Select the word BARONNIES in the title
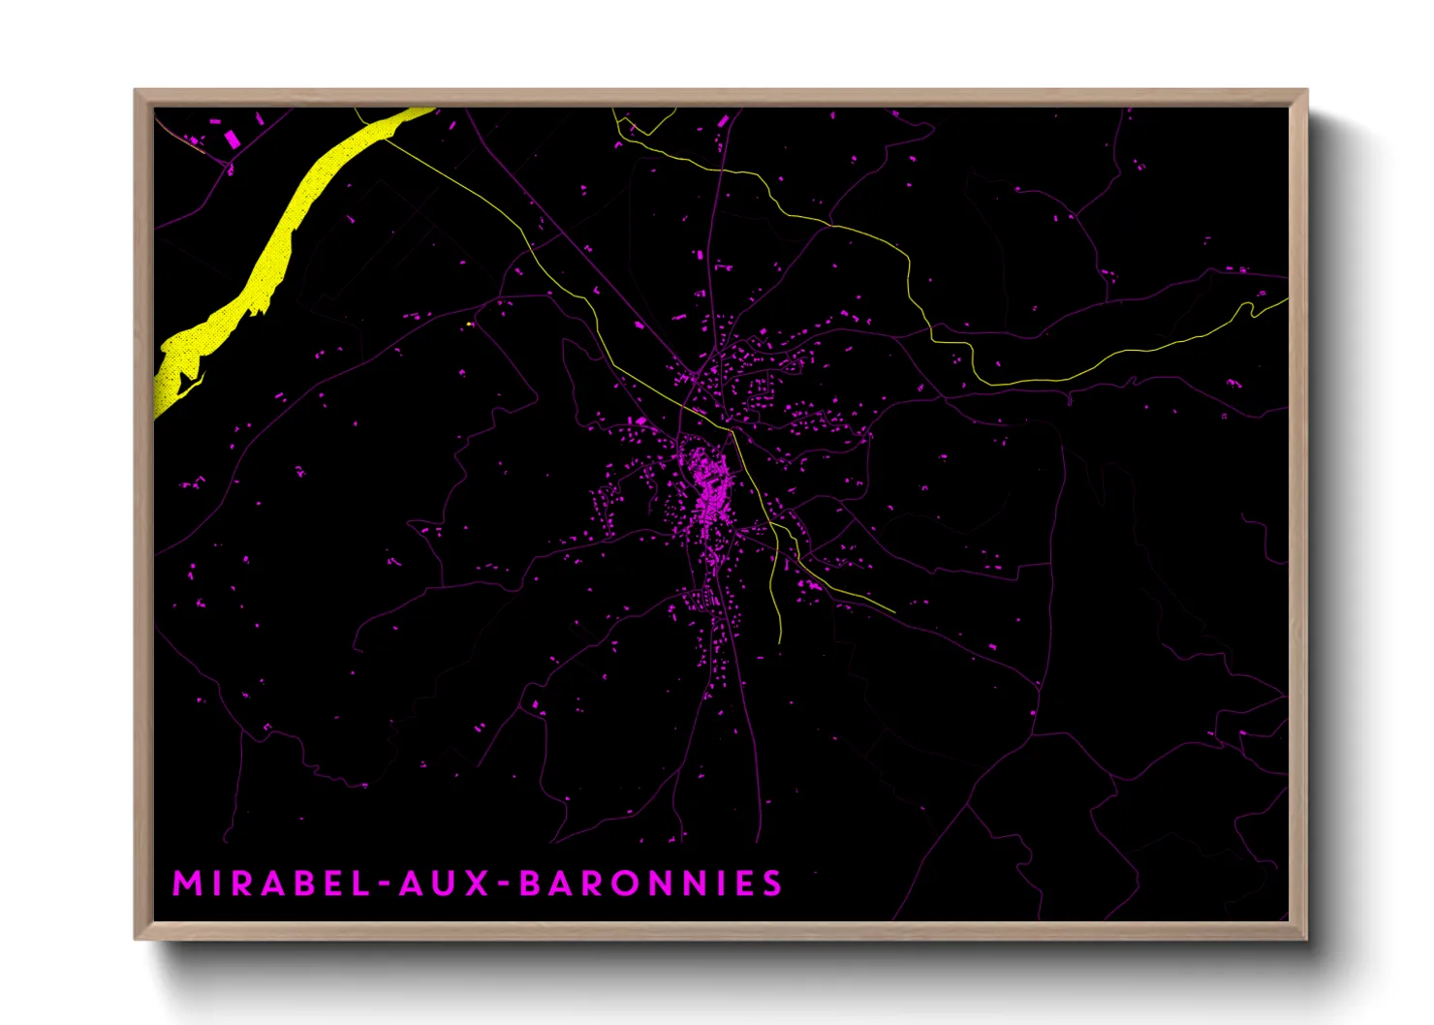pyautogui.click(x=650, y=884)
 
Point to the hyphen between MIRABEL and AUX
pyautogui.click(x=384, y=885)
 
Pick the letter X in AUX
pyautogui.click(x=477, y=884)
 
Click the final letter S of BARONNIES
pyautogui.click(x=772, y=884)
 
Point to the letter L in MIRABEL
pyautogui.click(x=360, y=884)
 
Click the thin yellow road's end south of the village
pyautogui.click(x=780, y=641)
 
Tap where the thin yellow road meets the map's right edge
pyautogui.click(x=1287, y=299)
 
